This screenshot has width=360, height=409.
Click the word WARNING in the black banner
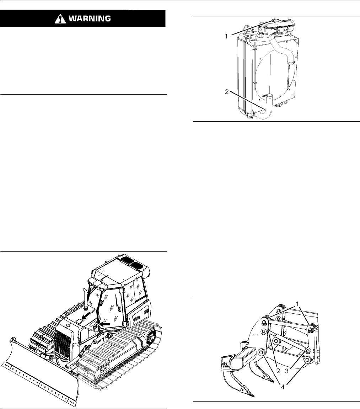point(90,18)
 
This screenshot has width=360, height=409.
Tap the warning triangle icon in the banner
point(60,19)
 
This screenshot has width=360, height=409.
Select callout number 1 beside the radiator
point(226,37)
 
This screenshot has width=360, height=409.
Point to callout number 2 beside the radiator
point(226,92)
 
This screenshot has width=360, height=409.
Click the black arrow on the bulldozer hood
point(86,317)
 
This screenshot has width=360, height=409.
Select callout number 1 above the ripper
point(297,305)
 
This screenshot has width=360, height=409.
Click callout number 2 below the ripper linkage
point(278,371)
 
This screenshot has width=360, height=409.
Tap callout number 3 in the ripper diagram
point(286,371)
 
